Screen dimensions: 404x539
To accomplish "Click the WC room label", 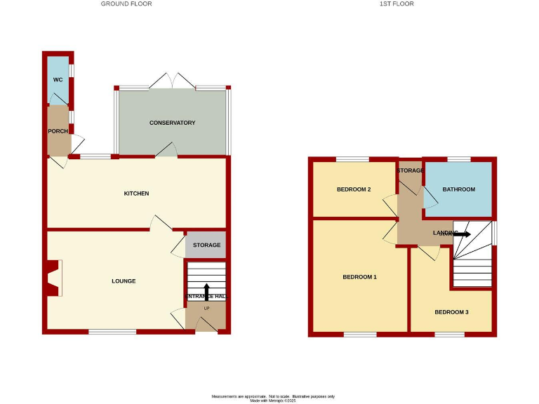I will pyautogui.click(x=58, y=80).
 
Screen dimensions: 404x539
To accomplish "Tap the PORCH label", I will pyautogui.click(x=58, y=131).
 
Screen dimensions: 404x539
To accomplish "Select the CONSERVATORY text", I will pyautogui.click(x=172, y=123).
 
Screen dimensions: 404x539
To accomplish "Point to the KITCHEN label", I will pyautogui.click(x=136, y=194).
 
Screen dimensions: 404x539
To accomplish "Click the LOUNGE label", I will pyautogui.click(x=124, y=281).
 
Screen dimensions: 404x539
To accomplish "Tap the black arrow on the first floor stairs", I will pyautogui.click(x=461, y=234).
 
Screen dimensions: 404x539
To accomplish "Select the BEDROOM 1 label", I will pyautogui.click(x=359, y=277).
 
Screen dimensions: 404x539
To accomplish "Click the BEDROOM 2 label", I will pyautogui.click(x=353, y=189).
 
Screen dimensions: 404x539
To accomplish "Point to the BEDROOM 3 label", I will pyautogui.click(x=451, y=312).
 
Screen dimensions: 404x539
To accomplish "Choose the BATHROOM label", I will pyautogui.click(x=458, y=189).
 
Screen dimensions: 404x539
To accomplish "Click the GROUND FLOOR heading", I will pyautogui.click(x=126, y=4).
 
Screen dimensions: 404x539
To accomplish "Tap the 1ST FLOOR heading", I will pyautogui.click(x=397, y=4).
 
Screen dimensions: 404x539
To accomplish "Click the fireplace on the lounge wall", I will pyautogui.click(x=54, y=278).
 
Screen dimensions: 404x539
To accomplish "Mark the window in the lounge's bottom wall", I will pyautogui.click(x=112, y=332).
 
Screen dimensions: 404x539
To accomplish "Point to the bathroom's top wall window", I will pyautogui.click(x=458, y=159).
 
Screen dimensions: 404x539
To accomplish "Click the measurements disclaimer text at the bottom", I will pyautogui.click(x=269, y=398).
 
